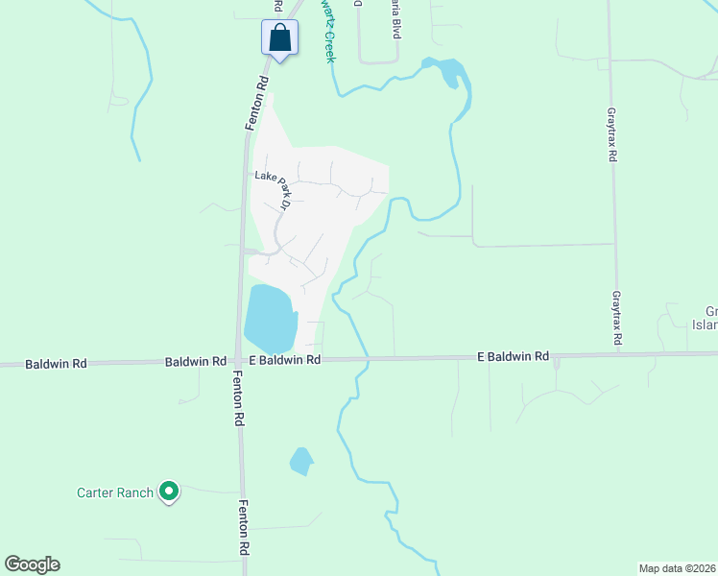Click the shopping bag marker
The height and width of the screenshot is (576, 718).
pyautogui.click(x=279, y=39)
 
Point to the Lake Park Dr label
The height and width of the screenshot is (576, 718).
pyautogui.click(x=273, y=188)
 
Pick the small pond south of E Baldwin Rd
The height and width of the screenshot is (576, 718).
pyautogui.click(x=301, y=462)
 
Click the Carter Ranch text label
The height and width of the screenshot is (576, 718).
pyautogui.click(x=115, y=493)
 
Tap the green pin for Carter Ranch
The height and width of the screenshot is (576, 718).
pyautogui.click(x=169, y=492)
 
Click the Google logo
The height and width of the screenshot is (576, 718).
pyautogui.click(x=32, y=564)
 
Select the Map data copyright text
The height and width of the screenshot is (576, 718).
pyautogui.click(x=677, y=568)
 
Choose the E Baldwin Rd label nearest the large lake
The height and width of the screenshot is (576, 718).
pyautogui.click(x=284, y=360)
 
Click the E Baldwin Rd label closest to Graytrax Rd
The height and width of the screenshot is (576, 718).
pyautogui.click(x=513, y=357)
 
